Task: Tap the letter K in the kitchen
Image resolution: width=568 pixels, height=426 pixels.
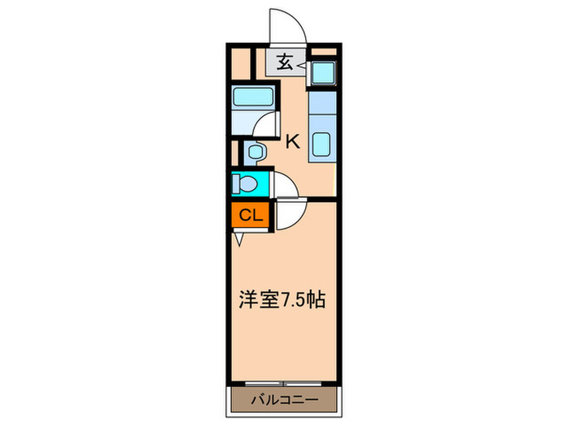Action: (292, 140)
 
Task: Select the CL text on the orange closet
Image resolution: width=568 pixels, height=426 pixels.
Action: (250, 216)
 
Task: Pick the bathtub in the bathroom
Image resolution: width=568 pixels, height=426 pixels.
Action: (253, 98)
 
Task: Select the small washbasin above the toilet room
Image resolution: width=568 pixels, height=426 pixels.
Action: (254, 152)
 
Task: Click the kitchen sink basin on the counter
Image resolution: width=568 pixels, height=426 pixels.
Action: (322, 144)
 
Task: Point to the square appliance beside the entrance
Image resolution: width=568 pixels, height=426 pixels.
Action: (322, 71)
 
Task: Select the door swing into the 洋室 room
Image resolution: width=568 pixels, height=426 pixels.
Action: (290, 216)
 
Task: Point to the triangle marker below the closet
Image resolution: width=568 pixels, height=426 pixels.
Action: (240, 239)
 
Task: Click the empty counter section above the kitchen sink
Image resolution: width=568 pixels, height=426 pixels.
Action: (322, 103)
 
